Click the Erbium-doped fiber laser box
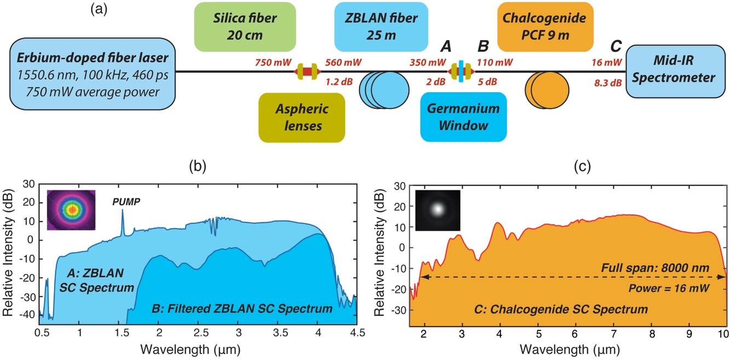pyautogui.click(x=93, y=74)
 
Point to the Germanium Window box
pyautogui.click(x=463, y=116)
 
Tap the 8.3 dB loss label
pyautogui.click(x=607, y=83)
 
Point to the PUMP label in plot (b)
pyautogui.click(x=127, y=202)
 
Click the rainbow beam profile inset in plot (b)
pyautogui.click(x=72, y=210)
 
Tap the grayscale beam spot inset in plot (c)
pyautogui.click(x=438, y=210)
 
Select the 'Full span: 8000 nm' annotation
pyautogui.click(x=656, y=268)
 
